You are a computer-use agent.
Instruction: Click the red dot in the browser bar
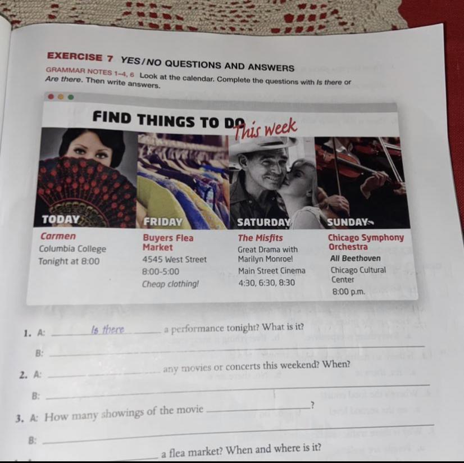click(x=51, y=97)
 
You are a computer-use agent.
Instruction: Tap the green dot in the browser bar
click(x=70, y=97)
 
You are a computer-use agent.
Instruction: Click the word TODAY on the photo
click(x=61, y=219)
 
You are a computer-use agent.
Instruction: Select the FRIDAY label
click(x=163, y=222)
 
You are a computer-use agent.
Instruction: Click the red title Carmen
click(x=58, y=236)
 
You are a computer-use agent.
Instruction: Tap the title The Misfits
click(x=261, y=238)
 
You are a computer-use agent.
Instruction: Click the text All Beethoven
click(x=356, y=258)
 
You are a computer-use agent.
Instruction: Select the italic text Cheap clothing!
click(x=170, y=284)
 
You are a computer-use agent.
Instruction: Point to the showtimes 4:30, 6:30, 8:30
click(x=267, y=283)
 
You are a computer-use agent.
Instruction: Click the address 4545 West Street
click(x=175, y=260)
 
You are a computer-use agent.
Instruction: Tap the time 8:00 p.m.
click(x=349, y=292)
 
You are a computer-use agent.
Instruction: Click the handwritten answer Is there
click(x=108, y=329)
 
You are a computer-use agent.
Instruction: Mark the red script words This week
click(x=266, y=129)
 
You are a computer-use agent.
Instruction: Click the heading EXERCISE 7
click(x=80, y=57)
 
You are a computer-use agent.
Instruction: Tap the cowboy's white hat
click(x=263, y=144)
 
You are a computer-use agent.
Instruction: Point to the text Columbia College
click(x=72, y=249)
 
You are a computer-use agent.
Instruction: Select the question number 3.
click(x=19, y=419)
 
